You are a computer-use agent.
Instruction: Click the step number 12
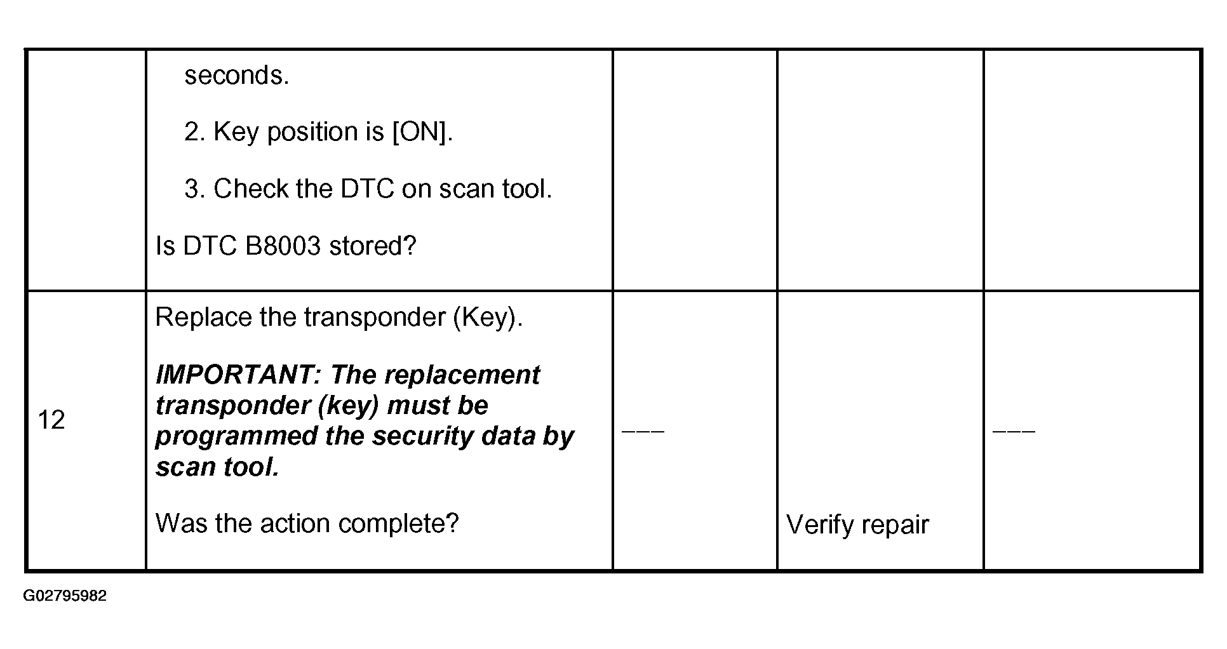51,420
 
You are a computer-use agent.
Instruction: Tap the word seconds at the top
236,76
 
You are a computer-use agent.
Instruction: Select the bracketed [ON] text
420,132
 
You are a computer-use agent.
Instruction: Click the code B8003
283,246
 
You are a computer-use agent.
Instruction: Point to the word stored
372,246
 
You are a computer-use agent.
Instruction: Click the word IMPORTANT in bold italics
238,375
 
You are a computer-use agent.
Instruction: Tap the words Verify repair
857,525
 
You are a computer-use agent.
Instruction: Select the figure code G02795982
65,596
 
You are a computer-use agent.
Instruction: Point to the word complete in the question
398,524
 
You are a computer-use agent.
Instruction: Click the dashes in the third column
643,431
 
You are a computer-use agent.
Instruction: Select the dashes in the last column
1014,431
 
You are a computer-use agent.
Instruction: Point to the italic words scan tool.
217,467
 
